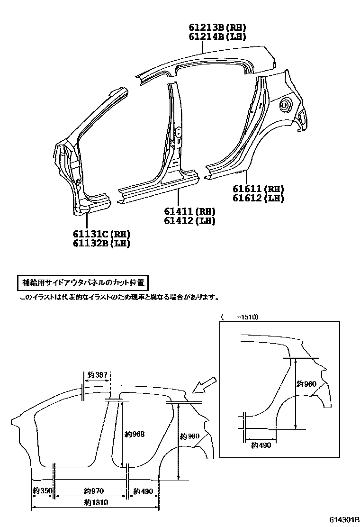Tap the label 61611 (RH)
(258, 189)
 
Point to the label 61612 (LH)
(258, 198)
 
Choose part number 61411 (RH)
(189, 211)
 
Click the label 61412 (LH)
(189, 220)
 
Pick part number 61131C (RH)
(101, 234)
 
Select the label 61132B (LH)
(101, 243)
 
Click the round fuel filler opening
(285, 105)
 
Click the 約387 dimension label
(98, 375)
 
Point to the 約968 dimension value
(135, 434)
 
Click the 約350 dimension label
(42, 491)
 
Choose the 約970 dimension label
(93, 491)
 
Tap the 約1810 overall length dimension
(93, 502)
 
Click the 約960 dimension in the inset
(306, 384)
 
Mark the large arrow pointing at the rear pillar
(206, 384)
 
